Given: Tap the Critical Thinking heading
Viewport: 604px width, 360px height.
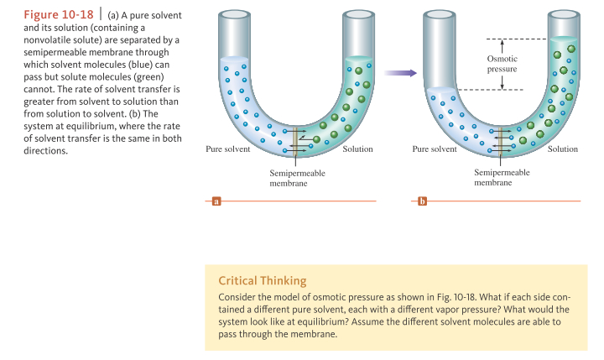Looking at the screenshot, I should [x=262, y=280].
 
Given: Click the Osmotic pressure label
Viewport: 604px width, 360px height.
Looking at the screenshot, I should [x=502, y=64].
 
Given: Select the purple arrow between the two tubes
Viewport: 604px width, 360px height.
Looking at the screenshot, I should [x=400, y=74].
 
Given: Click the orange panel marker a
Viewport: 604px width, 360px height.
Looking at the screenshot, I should [x=216, y=201].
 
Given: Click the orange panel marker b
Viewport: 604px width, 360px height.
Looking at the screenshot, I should [x=422, y=201].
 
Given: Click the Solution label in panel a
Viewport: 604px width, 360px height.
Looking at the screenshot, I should [x=358, y=149].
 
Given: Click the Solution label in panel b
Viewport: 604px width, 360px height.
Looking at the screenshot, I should [x=563, y=149].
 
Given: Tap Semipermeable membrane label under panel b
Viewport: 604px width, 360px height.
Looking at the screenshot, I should [x=502, y=176].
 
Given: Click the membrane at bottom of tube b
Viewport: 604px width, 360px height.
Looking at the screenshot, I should [x=501, y=138].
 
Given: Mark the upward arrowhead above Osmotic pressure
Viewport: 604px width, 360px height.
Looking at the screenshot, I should [x=502, y=42].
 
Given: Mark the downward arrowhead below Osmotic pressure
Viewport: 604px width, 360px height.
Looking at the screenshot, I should [x=502, y=86].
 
